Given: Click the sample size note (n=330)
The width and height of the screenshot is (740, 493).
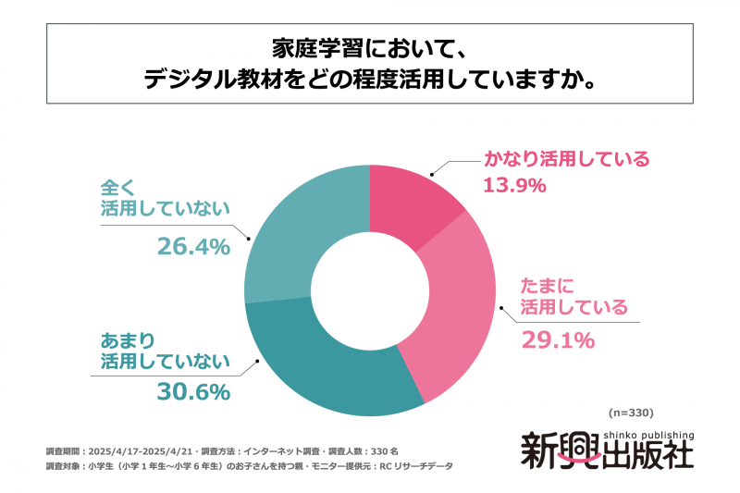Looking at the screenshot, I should click(632, 413).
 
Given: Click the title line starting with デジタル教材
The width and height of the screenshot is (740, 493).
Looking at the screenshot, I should click(369, 80).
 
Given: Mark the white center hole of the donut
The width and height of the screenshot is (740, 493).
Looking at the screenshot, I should click(369, 290).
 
